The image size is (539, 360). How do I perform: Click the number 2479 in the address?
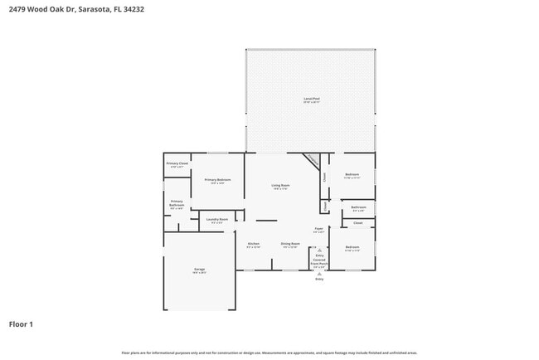[x=16, y=9]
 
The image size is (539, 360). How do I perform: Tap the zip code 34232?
[x=134, y=9]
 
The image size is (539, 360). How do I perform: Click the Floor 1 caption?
[x=21, y=324]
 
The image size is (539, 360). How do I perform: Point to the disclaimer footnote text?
[x=269, y=353]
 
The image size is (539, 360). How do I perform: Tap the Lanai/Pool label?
[x=311, y=99]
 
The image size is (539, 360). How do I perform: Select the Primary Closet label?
[x=177, y=163]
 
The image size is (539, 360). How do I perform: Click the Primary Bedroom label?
[x=217, y=180]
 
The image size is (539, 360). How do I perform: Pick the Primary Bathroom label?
[x=177, y=202]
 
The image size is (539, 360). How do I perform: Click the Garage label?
[x=200, y=269]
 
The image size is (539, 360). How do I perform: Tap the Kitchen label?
[x=254, y=243]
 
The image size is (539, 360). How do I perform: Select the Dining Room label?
[x=290, y=243]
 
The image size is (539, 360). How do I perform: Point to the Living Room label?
[x=280, y=185]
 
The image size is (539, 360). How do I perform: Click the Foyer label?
[x=318, y=227]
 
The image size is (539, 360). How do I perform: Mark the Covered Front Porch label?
[x=319, y=262]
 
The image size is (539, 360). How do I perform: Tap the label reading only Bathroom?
[x=358, y=207]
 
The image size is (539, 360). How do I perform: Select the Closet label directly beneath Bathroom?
[x=357, y=222]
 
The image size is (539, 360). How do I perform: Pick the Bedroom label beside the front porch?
[x=352, y=246]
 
